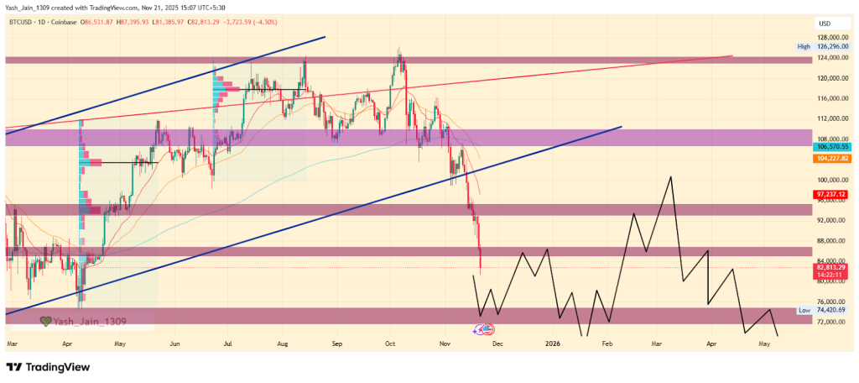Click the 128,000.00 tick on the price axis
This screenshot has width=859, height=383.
tap(834, 38)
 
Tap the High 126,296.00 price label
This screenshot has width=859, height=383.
tap(825, 47)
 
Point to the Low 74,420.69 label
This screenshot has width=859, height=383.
tap(825, 311)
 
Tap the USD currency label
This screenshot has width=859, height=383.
tap(824, 23)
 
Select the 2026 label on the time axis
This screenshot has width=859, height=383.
tap(552, 344)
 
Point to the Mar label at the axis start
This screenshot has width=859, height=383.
tap(13, 344)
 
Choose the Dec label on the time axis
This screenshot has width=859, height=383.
tap(498, 344)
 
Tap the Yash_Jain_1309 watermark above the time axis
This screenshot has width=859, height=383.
tap(91, 321)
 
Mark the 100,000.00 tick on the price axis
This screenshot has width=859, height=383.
tap(834, 180)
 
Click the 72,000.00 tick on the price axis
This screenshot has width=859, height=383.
tap(834, 322)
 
